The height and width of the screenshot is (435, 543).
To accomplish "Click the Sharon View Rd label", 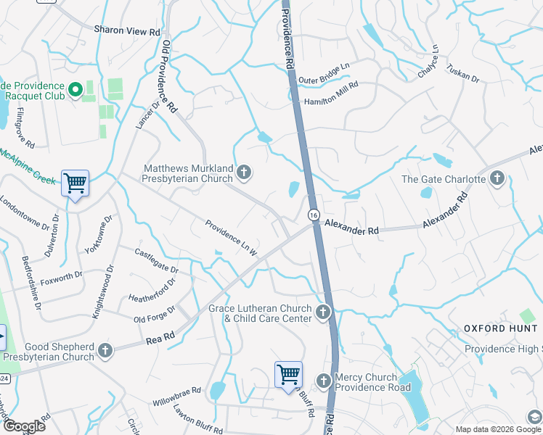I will pos(126,31).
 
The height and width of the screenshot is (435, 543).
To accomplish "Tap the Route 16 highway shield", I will pos(313,215).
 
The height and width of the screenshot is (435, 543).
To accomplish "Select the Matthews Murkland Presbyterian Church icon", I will pos(245,173).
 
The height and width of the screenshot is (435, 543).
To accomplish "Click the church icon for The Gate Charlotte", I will pos(497,178).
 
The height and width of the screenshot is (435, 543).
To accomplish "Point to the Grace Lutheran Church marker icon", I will pos(323,313).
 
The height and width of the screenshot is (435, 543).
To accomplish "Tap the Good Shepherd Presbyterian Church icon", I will pos(105,352).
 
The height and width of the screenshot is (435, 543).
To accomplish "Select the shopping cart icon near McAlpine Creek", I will pos(75,184).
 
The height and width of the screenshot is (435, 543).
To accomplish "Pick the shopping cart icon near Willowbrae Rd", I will pos(288,376).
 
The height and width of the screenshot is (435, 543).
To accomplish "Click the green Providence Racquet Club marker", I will pos(75,90).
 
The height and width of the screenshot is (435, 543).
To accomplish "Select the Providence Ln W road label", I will pos(232,239).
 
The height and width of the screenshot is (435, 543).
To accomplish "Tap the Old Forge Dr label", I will pos(155,314).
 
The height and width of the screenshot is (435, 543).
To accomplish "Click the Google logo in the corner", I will pos(23,426).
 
